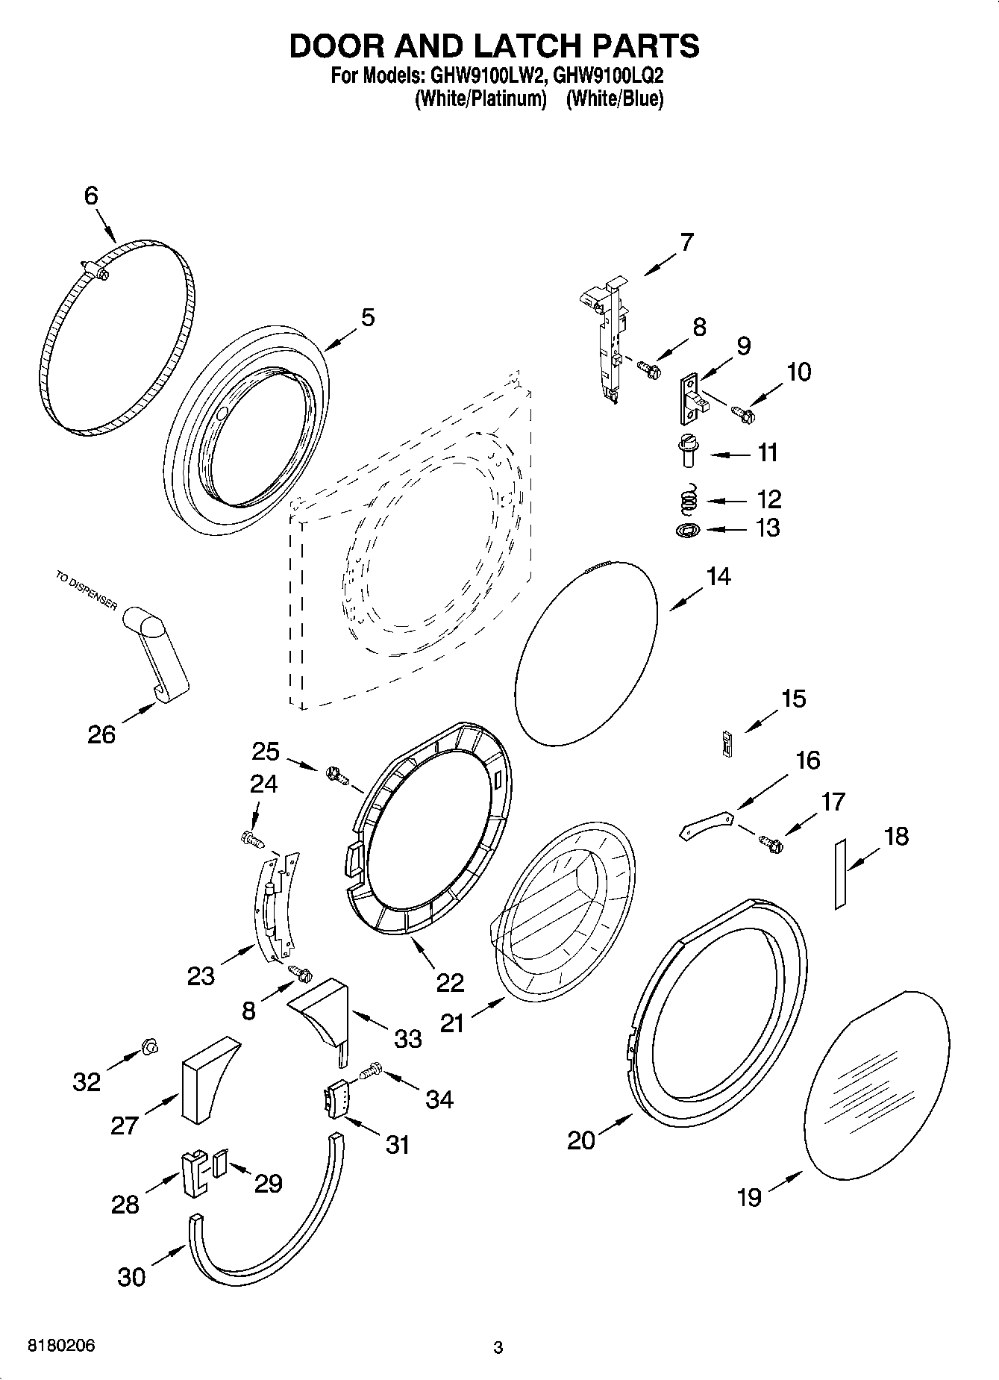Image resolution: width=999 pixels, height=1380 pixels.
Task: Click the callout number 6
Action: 91,196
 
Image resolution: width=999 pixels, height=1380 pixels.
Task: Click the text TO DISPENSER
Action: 86,590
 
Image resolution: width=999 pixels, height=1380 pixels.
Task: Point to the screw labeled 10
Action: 742,410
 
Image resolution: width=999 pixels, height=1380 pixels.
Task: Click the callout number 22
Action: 450,982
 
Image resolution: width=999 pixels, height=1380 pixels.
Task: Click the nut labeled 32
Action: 150,1048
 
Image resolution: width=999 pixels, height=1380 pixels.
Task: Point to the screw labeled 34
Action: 370,1072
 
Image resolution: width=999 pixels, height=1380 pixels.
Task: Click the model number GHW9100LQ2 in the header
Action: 608,75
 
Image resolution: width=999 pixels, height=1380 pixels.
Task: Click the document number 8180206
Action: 61,1346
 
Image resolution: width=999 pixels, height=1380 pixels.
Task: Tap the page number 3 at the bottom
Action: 498,1347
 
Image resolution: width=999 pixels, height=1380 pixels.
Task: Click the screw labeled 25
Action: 337,776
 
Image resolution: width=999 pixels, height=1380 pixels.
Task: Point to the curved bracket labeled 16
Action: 705,825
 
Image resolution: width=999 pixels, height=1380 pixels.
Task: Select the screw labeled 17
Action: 771,843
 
